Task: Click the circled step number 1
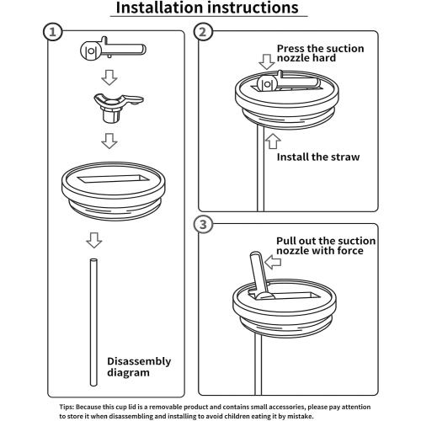pos(52,32)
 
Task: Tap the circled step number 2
pos(203,32)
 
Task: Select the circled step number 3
pos(203,225)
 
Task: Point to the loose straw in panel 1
pos(93,322)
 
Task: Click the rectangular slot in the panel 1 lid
pos(114,179)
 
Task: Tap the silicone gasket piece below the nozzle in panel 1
pos(118,107)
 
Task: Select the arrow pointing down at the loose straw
pos(94,240)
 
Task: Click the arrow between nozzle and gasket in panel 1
pos(109,77)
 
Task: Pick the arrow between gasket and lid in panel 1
pos(109,141)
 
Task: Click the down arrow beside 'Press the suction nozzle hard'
pos(267,61)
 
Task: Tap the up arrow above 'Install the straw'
pos(273,141)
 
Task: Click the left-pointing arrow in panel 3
pos(273,262)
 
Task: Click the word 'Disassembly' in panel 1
pos(139,361)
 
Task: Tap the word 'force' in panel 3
pos(350,250)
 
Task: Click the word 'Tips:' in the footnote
pos(67,407)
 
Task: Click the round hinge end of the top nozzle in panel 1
pos(91,51)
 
